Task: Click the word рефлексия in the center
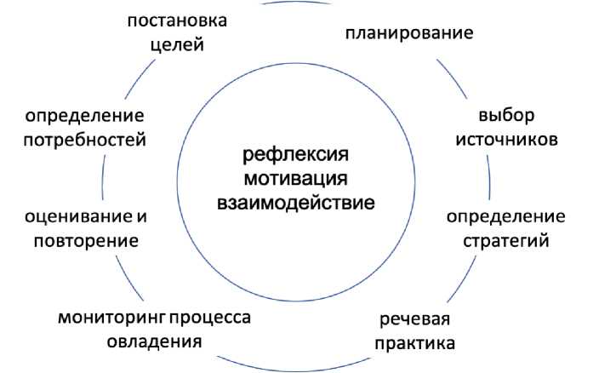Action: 296,156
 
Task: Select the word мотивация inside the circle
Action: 296,180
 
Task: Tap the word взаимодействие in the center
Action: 296,204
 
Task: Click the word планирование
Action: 409,34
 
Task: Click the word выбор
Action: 505,114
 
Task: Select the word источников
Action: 505,139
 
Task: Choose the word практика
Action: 417,344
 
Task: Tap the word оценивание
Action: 79,215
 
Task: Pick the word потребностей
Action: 84,139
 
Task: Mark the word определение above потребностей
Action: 84,114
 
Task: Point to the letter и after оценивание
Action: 142,215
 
